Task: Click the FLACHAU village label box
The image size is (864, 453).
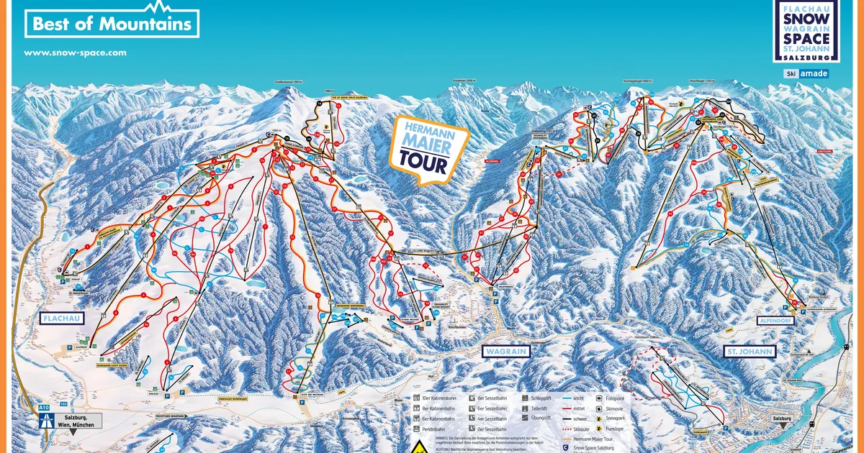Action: click(x=62, y=318)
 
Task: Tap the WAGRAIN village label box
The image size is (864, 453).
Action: click(x=504, y=351)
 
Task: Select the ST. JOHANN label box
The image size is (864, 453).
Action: click(x=750, y=352)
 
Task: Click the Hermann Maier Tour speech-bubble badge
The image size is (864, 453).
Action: click(x=428, y=147)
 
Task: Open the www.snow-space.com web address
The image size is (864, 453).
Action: click(x=75, y=52)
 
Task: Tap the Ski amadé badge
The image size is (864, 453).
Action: click(x=806, y=73)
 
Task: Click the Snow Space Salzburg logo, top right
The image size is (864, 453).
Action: click(x=806, y=31)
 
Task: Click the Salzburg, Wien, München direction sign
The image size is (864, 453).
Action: click(x=69, y=421)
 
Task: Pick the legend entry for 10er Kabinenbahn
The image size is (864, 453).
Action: click(x=434, y=397)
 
